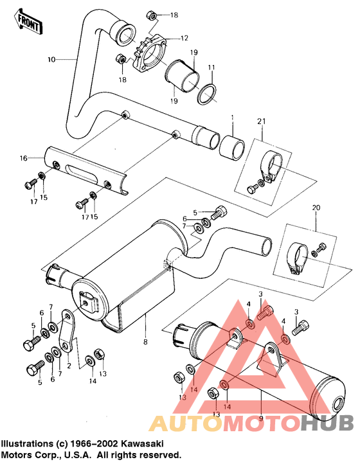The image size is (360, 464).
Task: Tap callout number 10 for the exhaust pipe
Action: click(x=52, y=59)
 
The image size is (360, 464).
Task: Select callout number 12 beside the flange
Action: click(x=184, y=38)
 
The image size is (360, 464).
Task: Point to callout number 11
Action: click(x=212, y=67)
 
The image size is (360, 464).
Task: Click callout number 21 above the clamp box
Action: click(x=261, y=122)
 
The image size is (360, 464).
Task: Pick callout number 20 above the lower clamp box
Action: click(x=315, y=208)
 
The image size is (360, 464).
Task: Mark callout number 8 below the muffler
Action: click(x=145, y=342)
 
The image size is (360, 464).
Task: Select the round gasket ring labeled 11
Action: click(x=206, y=94)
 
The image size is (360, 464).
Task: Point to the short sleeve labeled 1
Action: click(x=231, y=147)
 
